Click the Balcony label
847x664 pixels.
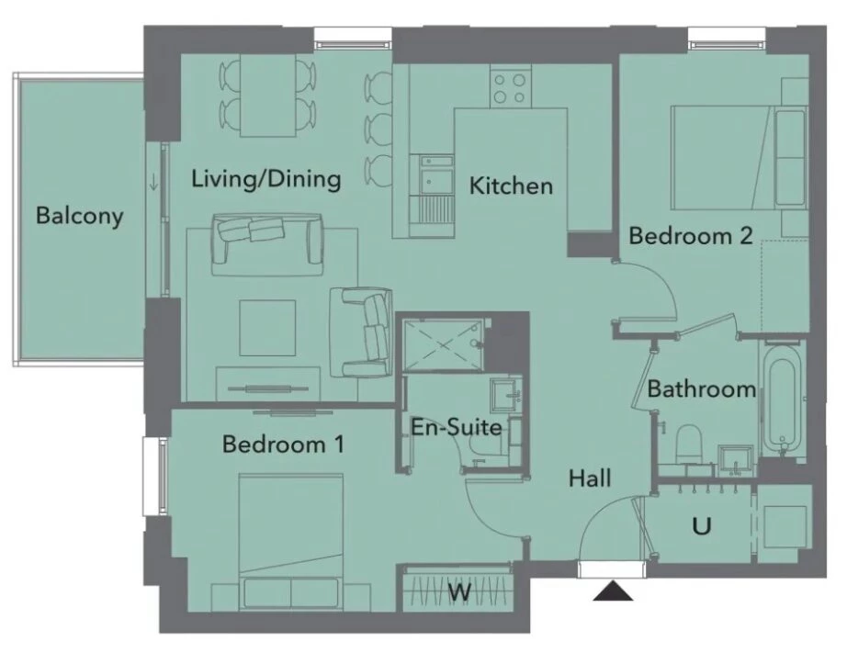[x=79, y=216]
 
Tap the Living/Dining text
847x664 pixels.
[x=265, y=179]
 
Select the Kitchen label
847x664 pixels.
[x=511, y=186]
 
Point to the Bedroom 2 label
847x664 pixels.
[x=691, y=236]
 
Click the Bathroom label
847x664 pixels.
[x=701, y=388]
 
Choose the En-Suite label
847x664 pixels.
[x=457, y=427]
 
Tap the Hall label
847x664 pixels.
[x=590, y=478]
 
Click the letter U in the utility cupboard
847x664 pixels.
[x=701, y=525]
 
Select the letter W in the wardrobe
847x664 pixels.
[x=459, y=591]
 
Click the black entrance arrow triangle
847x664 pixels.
[x=613, y=591]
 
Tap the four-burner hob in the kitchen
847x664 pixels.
[x=511, y=86]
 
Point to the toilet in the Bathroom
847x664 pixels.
[x=688, y=444]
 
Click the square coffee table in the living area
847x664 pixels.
[x=267, y=328]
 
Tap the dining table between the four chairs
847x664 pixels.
[x=268, y=96]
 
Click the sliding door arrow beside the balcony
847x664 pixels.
[x=154, y=183]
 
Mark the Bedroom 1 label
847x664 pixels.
[x=283, y=445]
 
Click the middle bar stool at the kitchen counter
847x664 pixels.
[x=378, y=128]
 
